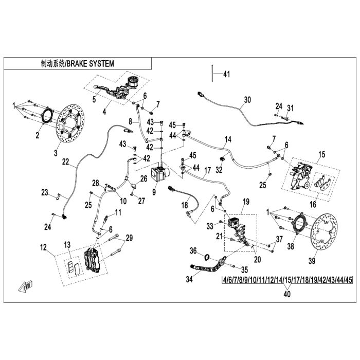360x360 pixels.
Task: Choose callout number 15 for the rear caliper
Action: tap(322, 154)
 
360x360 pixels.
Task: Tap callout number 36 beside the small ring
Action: tap(193, 251)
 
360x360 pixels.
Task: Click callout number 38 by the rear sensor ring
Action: tap(290, 246)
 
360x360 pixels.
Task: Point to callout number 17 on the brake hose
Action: tap(208, 170)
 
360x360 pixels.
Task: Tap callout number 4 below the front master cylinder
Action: tap(104, 110)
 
